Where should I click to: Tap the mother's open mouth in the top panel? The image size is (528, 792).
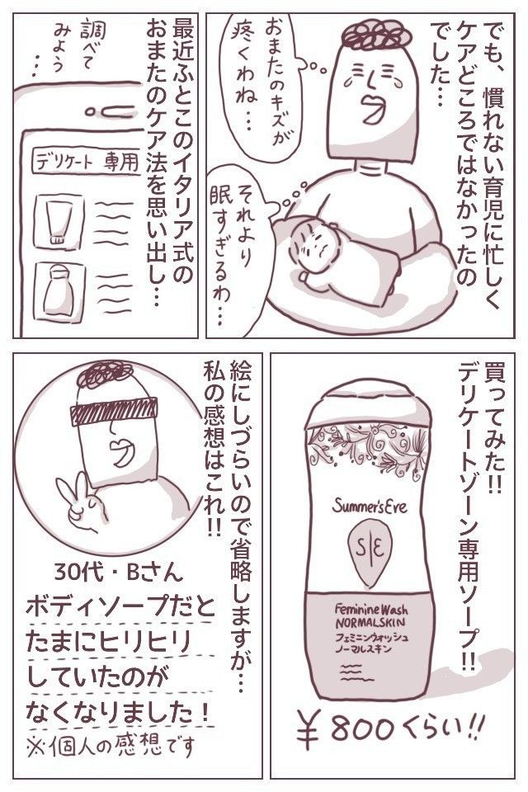(373, 108)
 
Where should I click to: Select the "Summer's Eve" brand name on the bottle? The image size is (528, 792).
(370, 505)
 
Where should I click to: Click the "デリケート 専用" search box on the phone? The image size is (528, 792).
(86, 162)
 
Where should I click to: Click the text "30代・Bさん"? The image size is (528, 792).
(120, 573)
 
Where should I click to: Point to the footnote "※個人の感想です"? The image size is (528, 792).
(111, 745)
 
